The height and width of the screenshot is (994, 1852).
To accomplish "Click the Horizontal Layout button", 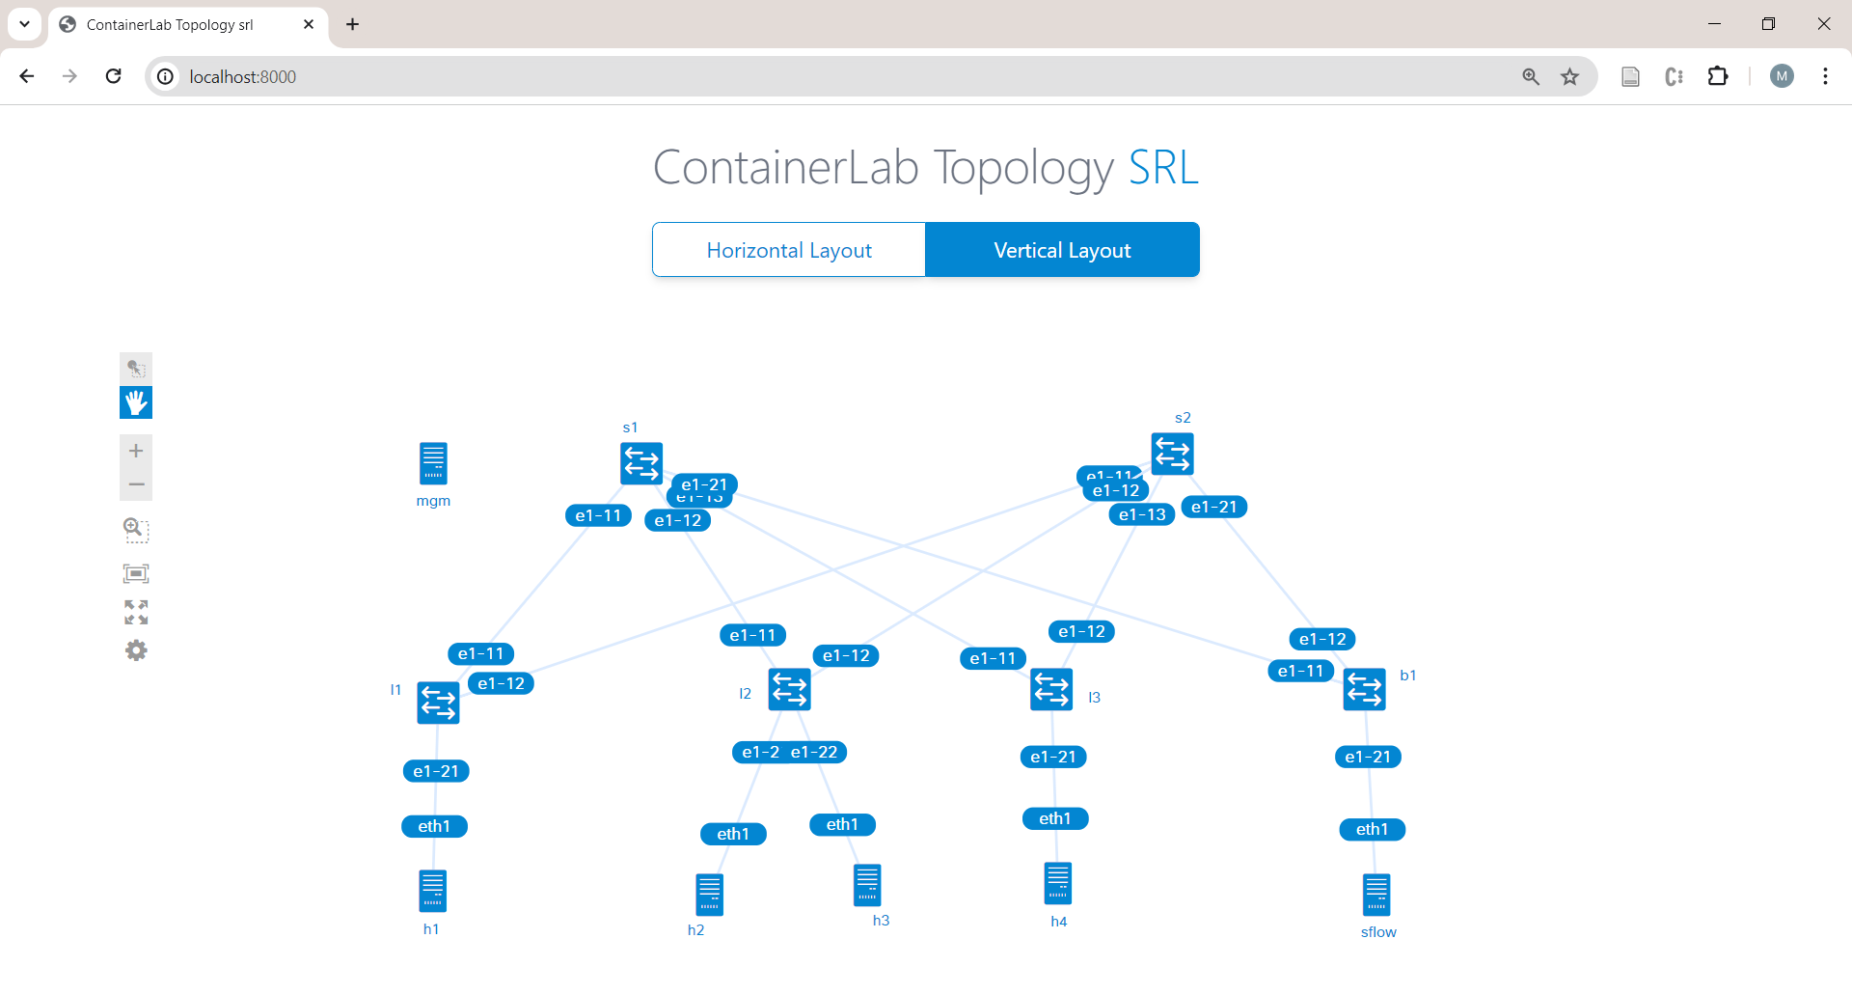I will point(788,250).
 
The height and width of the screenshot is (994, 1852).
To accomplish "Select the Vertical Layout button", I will point(1062,250).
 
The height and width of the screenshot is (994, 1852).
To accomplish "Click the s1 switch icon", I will point(640,463).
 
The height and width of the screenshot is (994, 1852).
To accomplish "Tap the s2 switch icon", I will point(1172,454).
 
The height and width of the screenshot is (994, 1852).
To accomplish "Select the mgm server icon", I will point(433,463).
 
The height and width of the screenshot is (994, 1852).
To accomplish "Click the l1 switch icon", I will point(438,703).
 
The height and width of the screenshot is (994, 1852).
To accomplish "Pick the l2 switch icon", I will point(789,689).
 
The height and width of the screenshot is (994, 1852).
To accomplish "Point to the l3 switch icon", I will point(1051,689).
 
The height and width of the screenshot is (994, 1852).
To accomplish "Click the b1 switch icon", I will point(1364,689).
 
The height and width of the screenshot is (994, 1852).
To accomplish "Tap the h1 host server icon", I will point(432,891).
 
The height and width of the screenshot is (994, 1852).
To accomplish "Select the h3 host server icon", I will point(867,885).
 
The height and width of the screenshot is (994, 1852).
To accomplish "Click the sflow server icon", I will point(1376,895).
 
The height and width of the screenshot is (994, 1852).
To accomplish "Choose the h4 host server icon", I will point(1057,883).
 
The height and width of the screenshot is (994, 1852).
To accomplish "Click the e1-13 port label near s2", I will point(1142,515).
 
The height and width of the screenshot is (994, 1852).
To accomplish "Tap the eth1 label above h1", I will point(434,826).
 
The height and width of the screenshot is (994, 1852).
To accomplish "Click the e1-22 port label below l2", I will point(816,753).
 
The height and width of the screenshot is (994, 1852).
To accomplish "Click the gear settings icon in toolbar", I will point(136,650).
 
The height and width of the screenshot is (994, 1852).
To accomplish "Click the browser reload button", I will point(114,76).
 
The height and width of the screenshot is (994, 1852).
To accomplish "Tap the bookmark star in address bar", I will point(1569,76).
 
